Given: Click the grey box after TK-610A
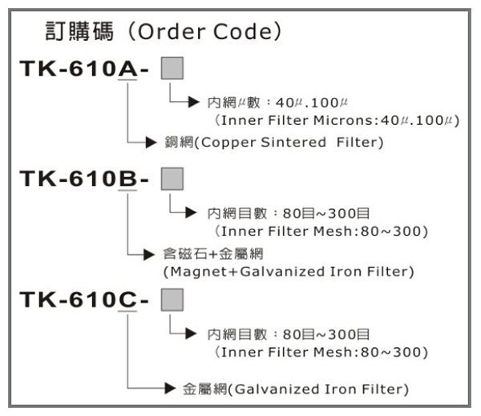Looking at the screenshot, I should pos(172,67).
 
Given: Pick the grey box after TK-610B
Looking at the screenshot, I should pos(172,176).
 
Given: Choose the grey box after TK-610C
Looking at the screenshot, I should pos(172,298).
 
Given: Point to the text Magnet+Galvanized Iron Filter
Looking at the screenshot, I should pos(289,272).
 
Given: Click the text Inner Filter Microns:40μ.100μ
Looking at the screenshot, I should pos(337,120).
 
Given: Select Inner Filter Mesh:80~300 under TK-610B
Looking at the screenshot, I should pos(321,231).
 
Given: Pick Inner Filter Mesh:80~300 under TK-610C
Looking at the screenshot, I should pos(321,353).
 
